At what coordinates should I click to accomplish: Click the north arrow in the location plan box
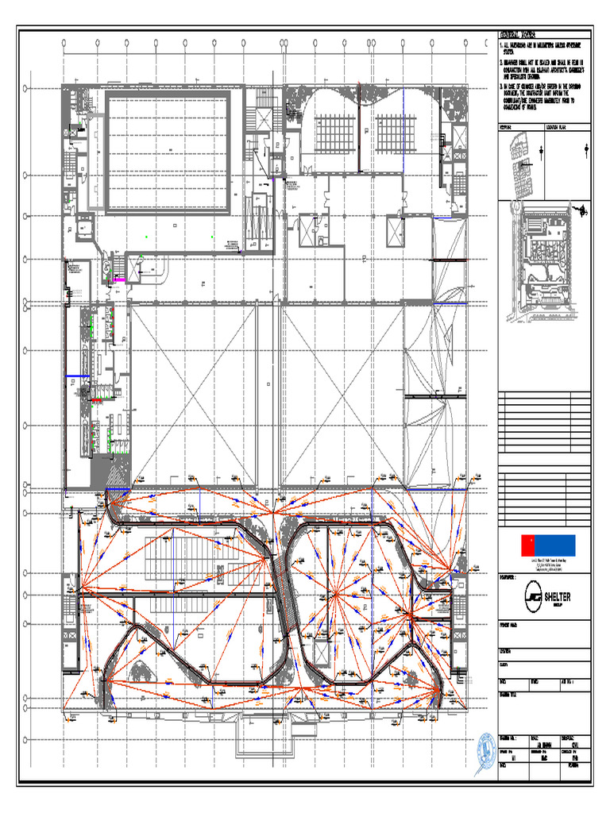[586, 149]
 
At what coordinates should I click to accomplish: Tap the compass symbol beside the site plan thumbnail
[584, 211]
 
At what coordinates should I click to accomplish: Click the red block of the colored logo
[527, 545]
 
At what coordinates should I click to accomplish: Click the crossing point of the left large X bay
[193, 394]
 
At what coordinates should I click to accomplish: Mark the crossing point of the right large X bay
[342, 394]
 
